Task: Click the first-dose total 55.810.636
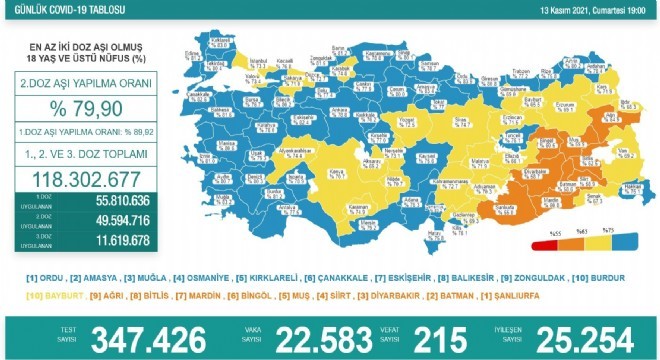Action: click(x=96, y=201)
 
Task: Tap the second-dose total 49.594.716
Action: click(x=96, y=220)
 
